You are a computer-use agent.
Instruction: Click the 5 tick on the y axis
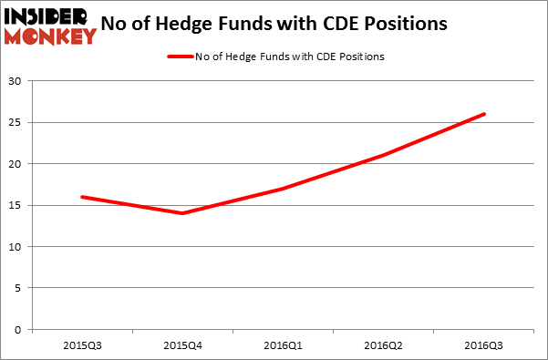pyautogui.click(x=20, y=288)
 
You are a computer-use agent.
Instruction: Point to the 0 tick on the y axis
pyautogui.click(x=20, y=330)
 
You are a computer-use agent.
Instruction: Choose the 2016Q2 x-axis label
pyautogui.click(x=384, y=347)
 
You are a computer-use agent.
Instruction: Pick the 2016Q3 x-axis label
pyautogui.click(x=483, y=347)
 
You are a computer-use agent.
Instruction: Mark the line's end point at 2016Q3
pyautogui.click(x=484, y=114)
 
